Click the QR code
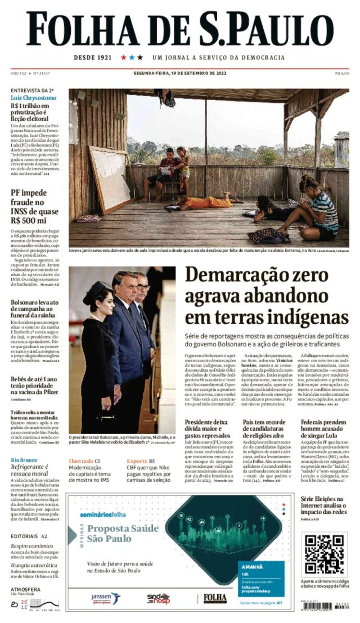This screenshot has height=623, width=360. pos(324,554)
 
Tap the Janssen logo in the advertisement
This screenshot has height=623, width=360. pos(105,598)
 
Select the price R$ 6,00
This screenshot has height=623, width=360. pos(342,73)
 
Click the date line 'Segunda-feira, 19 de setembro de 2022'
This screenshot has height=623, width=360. pos(180,73)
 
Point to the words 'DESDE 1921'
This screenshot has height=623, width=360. pos(93,57)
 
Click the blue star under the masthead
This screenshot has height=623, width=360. pos(132,57)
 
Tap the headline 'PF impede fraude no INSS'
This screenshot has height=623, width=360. pos(34,207)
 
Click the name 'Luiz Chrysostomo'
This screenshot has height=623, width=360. pos(33,98)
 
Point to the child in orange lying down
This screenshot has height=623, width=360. pos(207,202)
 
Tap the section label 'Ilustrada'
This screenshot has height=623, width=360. pos(81,461)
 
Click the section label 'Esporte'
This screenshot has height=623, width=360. pos(137,461)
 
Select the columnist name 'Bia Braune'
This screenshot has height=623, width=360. pos(24,460)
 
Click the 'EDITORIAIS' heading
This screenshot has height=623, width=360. pos(24,536)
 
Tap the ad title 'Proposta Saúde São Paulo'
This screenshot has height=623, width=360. pos(122,533)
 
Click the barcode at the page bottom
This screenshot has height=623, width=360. pos(324,607)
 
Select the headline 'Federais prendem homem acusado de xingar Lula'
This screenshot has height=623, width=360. pos(323,429)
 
